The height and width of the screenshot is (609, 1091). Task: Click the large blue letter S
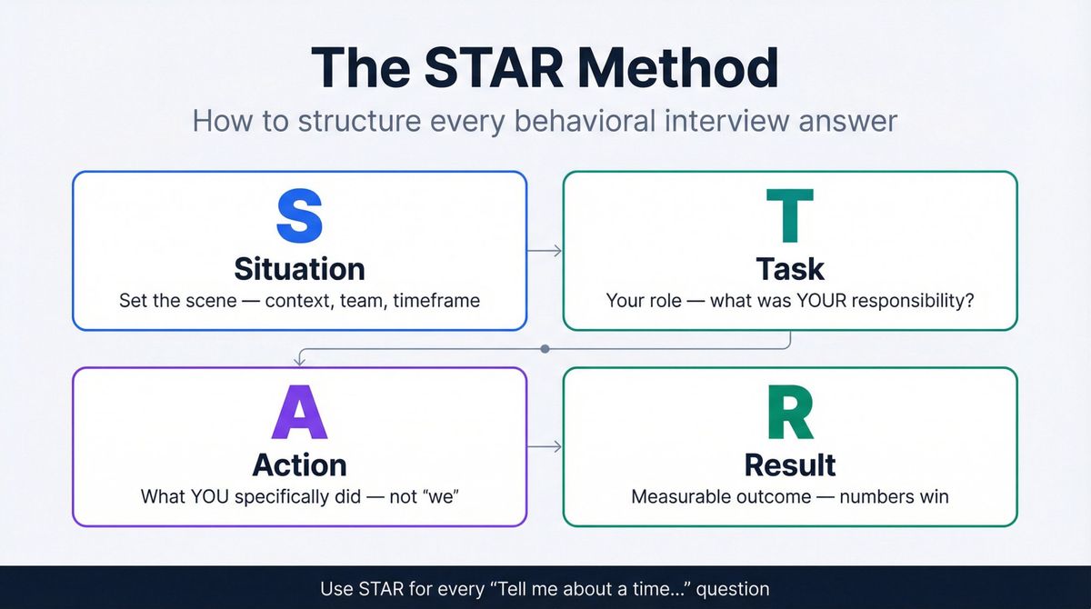pos(299,217)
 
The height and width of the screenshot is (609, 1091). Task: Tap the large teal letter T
pos(790,217)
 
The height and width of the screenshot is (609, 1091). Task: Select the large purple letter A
pos(299,414)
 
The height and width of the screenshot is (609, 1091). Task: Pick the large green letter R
pos(790,414)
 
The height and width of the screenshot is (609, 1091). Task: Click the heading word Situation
pos(299,269)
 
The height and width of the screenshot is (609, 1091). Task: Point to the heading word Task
pos(790,269)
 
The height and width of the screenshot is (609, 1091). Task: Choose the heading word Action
pos(299,464)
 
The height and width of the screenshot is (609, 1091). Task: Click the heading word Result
pos(790,464)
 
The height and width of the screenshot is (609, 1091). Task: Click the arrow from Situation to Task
pos(545,251)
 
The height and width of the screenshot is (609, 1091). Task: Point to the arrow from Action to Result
pos(545,446)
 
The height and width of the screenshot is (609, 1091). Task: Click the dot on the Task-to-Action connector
pos(545,348)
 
